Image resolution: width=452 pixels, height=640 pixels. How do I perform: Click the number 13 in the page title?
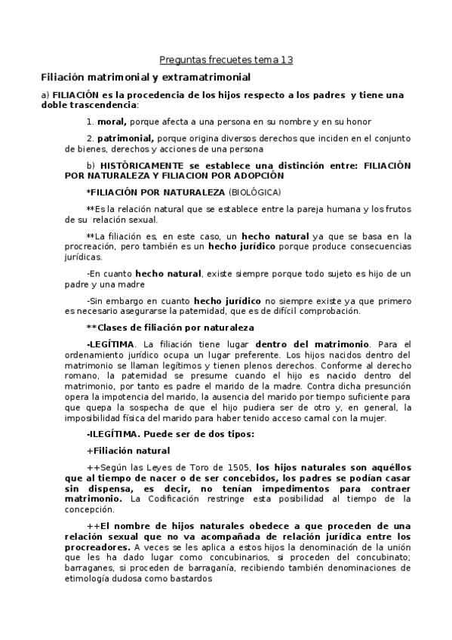[x=286, y=60]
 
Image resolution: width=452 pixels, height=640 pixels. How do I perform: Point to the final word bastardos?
[x=190, y=579]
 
